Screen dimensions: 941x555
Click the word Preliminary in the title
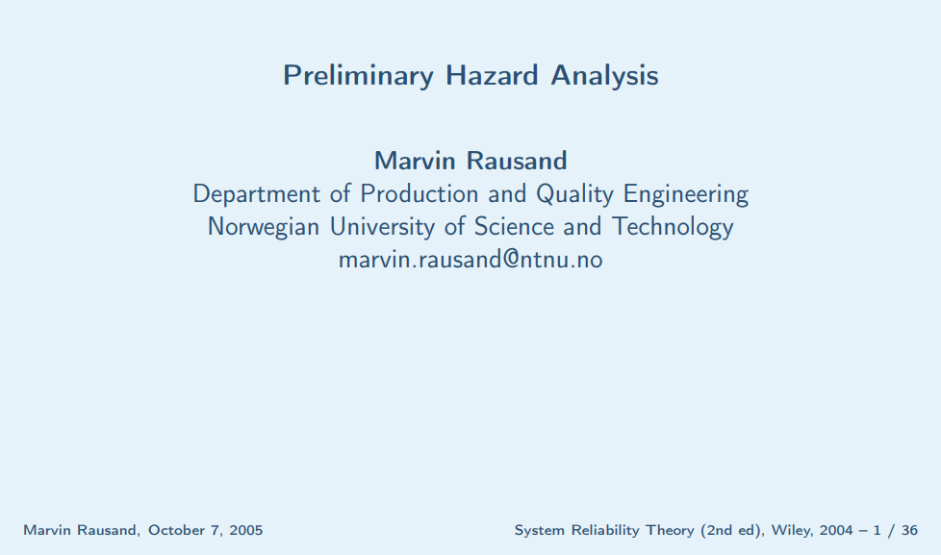pyautogui.click(x=358, y=76)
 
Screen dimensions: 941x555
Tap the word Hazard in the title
pyautogui.click(x=492, y=75)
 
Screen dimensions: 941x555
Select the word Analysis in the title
pyautogui.click(x=604, y=76)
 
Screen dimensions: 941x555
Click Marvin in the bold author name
pyautogui.click(x=415, y=161)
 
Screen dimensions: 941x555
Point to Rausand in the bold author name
pyautogui.click(x=517, y=161)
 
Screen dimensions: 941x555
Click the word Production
pyautogui.click(x=419, y=193)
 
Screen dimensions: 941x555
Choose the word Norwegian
pyautogui.click(x=263, y=228)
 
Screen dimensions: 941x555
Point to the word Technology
pyautogui.click(x=673, y=228)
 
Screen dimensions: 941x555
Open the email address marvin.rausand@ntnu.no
pyautogui.click(x=470, y=260)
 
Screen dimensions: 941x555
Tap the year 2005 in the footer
pyautogui.click(x=246, y=530)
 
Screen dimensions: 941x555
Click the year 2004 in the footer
pyautogui.click(x=836, y=530)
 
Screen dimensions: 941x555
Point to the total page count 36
pyautogui.click(x=910, y=530)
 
